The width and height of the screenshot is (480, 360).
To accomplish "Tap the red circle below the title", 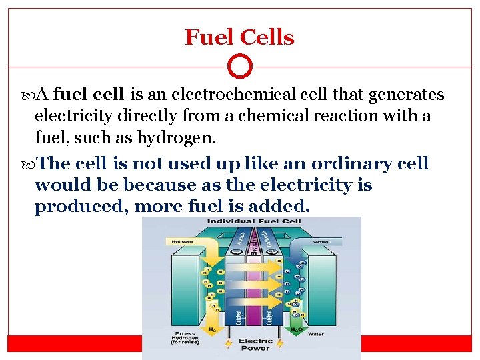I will pyautogui.click(x=240, y=67).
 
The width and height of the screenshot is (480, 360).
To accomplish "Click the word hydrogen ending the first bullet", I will pyautogui.click(x=176, y=139).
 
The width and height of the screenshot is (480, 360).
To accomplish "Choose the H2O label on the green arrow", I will pyautogui.click(x=295, y=329).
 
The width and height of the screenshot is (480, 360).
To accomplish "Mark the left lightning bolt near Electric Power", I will pyautogui.click(x=225, y=343).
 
